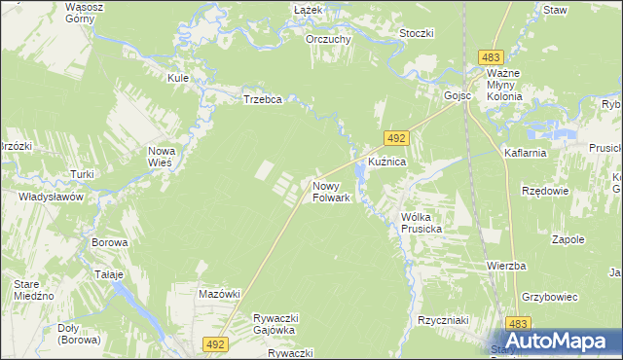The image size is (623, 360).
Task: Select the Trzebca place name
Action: (262, 99)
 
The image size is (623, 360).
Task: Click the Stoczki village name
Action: (416, 33)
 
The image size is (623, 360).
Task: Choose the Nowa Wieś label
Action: (160, 157)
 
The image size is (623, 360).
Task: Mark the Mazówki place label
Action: (218, 293)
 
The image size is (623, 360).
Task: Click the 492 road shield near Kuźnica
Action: (396, 139)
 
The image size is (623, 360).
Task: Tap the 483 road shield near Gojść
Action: (491, 59)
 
